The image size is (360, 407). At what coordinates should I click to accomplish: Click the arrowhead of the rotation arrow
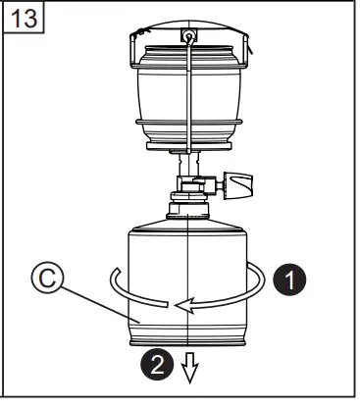pos(178,305)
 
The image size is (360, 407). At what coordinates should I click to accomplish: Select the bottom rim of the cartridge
pos(187,338)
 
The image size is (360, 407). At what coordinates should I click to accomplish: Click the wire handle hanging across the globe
pos(186,108)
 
